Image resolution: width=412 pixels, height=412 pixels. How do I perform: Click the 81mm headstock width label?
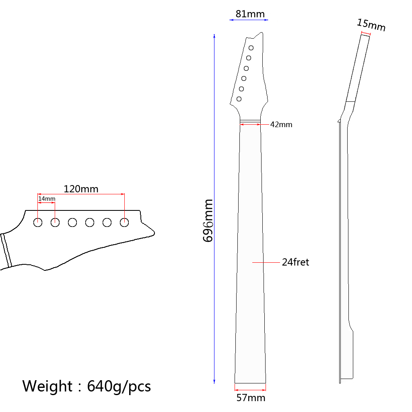[x=250, y=14]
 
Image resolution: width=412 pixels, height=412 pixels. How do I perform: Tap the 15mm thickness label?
[x=371, y=25]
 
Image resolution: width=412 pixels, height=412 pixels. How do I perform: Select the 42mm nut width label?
[x=281, y=125]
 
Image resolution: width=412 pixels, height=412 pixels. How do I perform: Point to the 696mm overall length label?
[x=208, y=220]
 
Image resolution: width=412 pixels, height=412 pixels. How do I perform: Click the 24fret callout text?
[x=295, y=262]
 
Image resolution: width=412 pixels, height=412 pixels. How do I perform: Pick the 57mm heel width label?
[x=251, y=398]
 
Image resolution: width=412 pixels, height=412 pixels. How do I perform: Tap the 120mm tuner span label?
[x=81, y=189]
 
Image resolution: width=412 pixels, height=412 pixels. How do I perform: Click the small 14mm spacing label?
[x=47, y=199]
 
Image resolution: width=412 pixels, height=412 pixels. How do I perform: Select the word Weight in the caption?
[x=47, y=386]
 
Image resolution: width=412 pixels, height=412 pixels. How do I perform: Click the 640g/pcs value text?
[x=119, y=386]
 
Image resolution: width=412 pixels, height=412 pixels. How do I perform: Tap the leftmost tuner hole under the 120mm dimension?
[x=38, y=222]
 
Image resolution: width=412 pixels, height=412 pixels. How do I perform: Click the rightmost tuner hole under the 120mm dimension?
[x=124, y=222]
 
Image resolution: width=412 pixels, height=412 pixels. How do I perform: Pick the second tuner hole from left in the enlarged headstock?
[x=55, y=222]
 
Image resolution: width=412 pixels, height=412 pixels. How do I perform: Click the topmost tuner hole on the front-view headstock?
[x=251, y=48]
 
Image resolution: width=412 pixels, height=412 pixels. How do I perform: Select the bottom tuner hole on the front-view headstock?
[x=239, y=99]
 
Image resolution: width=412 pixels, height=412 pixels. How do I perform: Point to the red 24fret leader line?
[x=266, y=262]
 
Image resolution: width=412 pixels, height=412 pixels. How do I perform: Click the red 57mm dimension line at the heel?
[x=250, y=389]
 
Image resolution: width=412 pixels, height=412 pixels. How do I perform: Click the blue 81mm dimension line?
[x=249, y=19]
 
